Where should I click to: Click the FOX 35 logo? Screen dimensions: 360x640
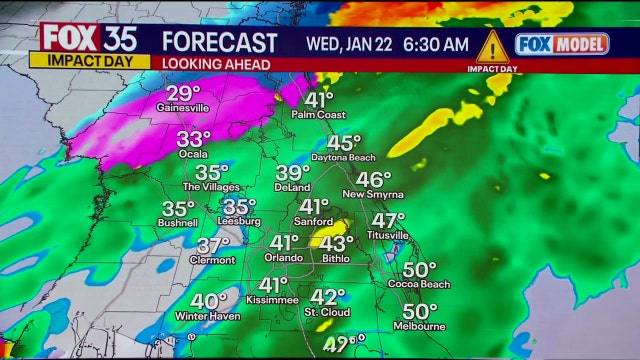click(x=87, y=37)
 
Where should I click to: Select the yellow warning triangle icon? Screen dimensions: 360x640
click(x=491, y=46)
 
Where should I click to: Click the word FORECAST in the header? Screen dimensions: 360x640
click(x=219, y=43)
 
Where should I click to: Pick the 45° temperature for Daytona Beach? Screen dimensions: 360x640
click(x=344, y=144)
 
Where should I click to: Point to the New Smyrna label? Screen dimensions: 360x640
click(x=373, y=194)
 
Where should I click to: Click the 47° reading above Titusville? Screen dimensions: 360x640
click(x=388, y=220)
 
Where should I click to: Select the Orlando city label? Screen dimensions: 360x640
click(x=283, y=258)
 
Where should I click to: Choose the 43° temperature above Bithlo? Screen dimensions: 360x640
click(x=337, y=243)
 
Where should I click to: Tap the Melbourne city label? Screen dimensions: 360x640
click(x=419, y=327)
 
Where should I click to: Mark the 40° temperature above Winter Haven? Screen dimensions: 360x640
click(x=209, y=301)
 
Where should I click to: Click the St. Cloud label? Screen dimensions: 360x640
click(x=326, y=314)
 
